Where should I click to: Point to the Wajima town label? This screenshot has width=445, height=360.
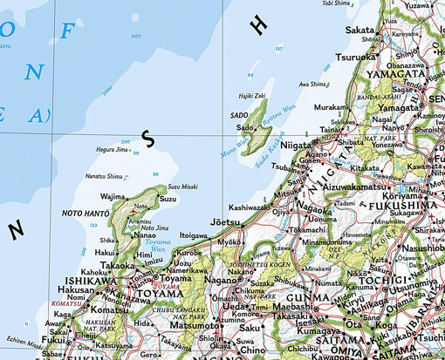[x=113, y=197]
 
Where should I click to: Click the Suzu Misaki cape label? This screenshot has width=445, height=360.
[x=182, y=187]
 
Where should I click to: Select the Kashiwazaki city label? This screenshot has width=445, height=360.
[x=250, y=207]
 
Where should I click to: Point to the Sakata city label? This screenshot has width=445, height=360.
[x=359, y=30]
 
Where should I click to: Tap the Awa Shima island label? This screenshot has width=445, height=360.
[x=313, y=85]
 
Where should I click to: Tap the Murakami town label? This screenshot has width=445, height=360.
[x=331, y=106]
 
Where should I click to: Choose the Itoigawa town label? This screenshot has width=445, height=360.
[x=194, y=235]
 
